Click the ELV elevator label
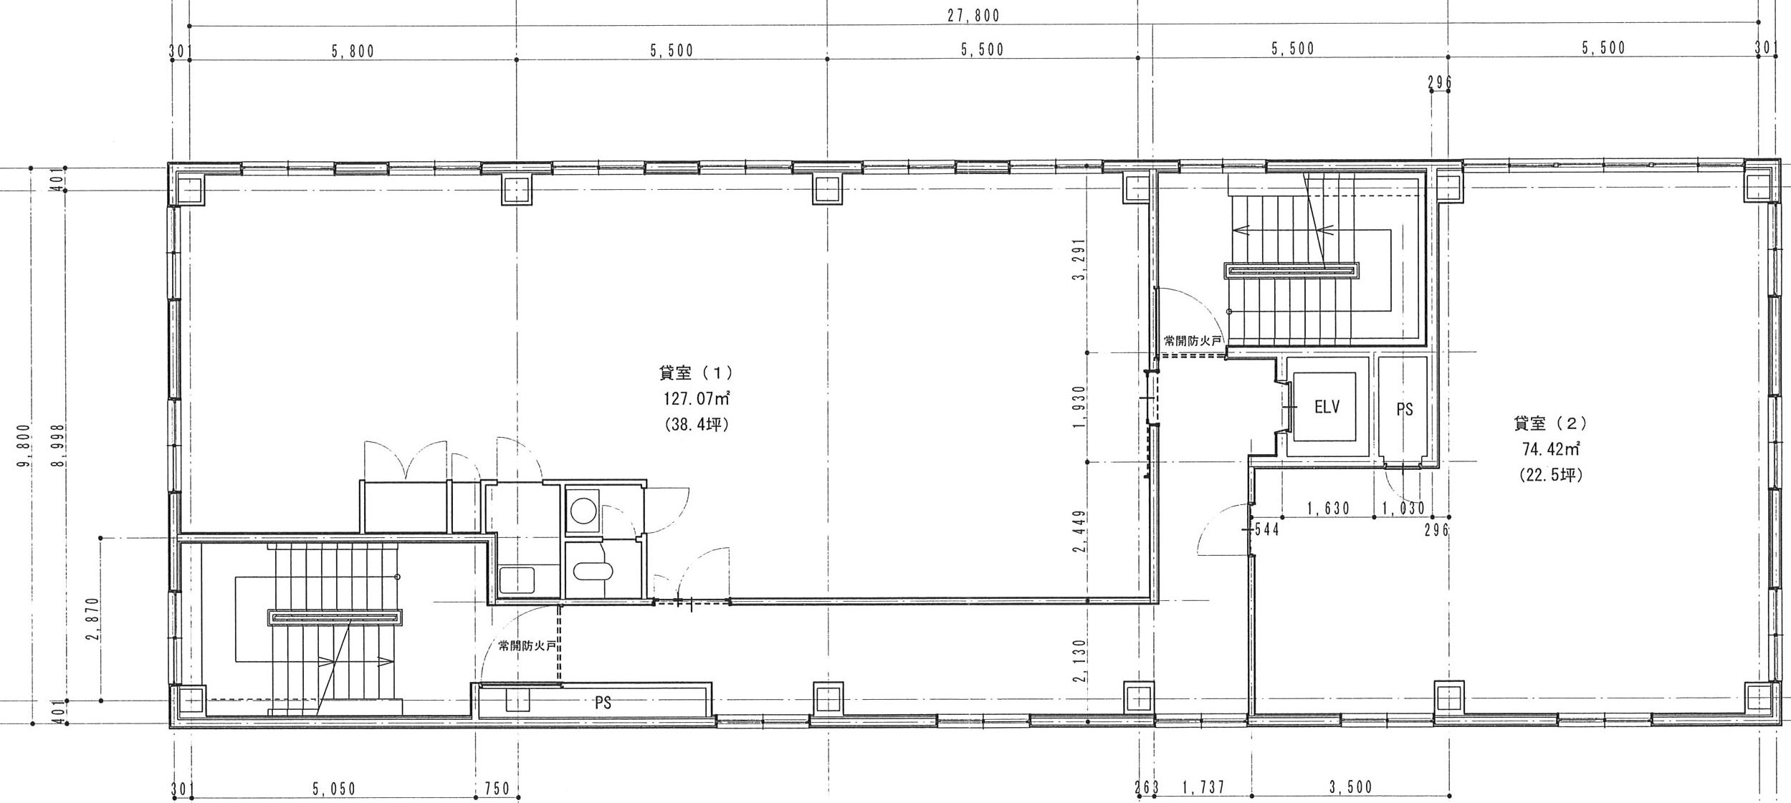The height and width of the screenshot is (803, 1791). (1327, 408)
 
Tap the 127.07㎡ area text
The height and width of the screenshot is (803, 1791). (697, 398)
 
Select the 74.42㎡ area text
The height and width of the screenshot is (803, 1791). (1550, 449)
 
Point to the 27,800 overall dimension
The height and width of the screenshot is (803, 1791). (973, 15)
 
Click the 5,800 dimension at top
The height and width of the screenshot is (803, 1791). (353, 51)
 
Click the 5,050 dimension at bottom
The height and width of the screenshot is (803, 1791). (334, 789)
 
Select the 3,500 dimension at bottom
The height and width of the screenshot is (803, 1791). (1351, 787)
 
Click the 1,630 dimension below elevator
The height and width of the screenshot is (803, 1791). (1329, 509)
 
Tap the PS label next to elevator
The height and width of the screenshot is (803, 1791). (1405, 409)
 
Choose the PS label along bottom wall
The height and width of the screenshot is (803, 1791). (603, 703)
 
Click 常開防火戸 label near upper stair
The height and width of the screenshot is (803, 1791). (1192, 341)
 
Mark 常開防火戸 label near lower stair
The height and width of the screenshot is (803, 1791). (527, 645)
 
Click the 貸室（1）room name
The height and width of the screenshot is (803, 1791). (696, 372)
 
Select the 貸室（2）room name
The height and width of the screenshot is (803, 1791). (1551, 423)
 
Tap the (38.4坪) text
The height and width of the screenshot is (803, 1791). (697, 425)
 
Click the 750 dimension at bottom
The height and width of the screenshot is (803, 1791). (497, 789)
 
